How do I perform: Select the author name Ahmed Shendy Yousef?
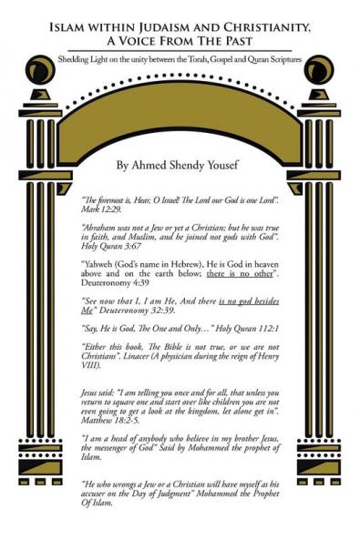pos(180,167)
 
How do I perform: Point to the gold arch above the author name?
pos(179,114)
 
